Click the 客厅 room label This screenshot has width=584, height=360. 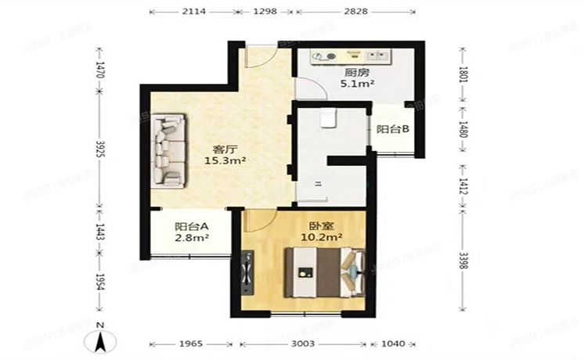click(x=225, y=149)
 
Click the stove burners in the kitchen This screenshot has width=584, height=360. click(x=326, y=56)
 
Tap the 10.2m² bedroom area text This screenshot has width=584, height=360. click(x=321, y=233)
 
